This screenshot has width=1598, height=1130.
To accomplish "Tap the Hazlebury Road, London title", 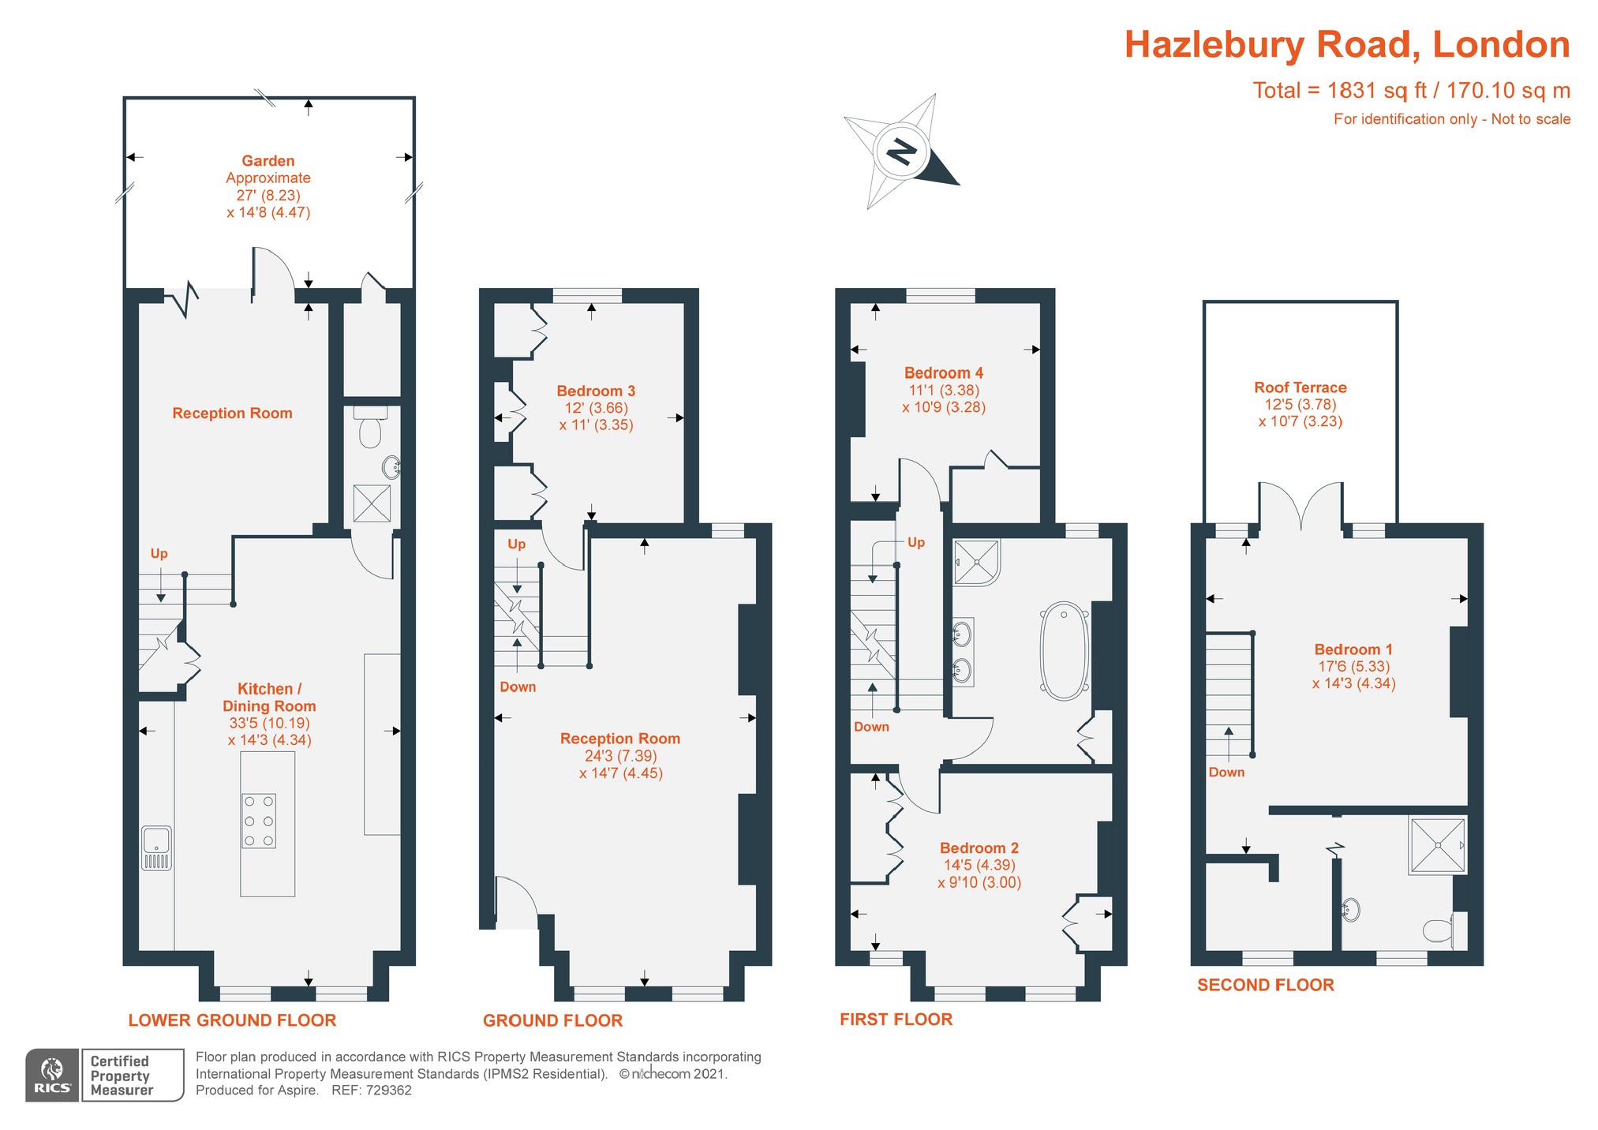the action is pos(1346,44).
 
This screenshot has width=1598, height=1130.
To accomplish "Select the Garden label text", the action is pos(268,161).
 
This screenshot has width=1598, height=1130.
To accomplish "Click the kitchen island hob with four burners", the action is pos(259,821).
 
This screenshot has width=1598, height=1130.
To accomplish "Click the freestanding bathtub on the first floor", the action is pos(1065,652).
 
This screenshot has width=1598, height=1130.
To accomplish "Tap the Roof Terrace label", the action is pos(1300,387).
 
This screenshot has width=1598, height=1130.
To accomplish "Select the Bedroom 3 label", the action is pos(596,391).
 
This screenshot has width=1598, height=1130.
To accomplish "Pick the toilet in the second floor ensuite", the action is pos(1440,930).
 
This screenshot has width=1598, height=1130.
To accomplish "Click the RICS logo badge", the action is pos(52,1075).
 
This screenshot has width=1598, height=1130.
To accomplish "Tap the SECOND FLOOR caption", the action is pos(1265,985).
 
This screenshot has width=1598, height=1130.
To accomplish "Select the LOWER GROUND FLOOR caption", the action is pos(232,1020).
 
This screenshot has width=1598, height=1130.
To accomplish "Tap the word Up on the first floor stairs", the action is pos(915,542).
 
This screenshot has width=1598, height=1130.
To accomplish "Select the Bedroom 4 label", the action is pos(943,373).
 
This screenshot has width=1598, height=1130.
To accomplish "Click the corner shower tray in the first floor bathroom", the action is pos(976,563).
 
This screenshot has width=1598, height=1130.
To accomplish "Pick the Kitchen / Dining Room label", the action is pos(269,698).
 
